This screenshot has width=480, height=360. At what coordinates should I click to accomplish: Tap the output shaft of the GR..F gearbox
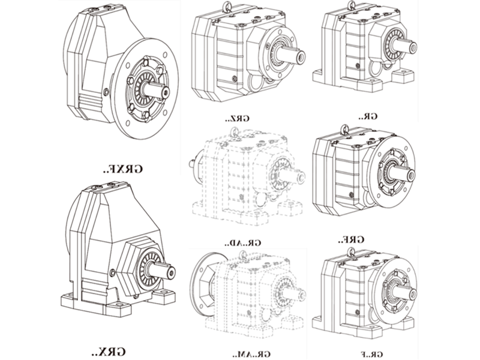(x=409, y=292)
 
